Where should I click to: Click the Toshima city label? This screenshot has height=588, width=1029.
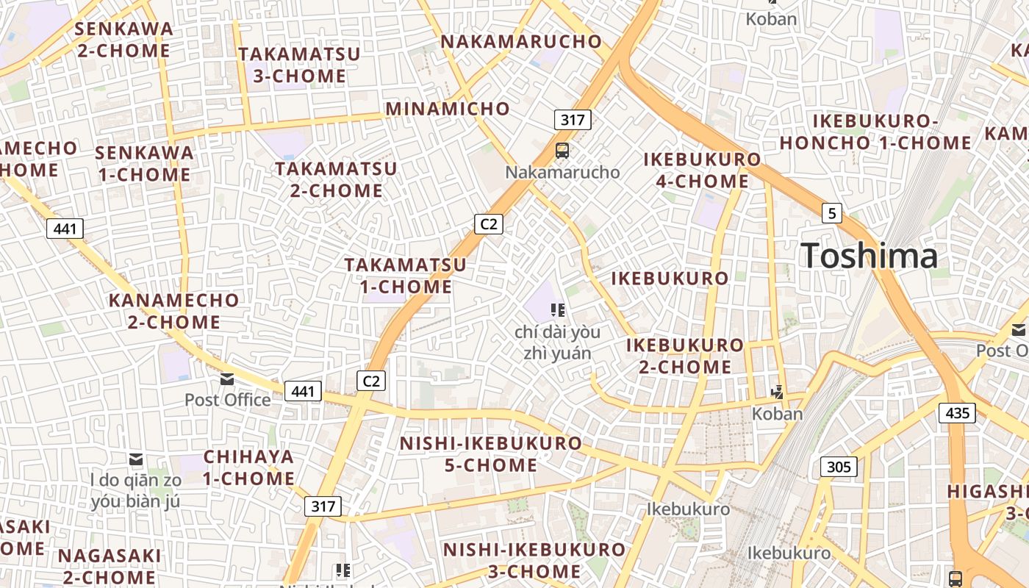(870, 257)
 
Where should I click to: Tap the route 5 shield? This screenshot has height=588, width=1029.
(831, 213)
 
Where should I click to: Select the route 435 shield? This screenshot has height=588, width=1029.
(957, 413)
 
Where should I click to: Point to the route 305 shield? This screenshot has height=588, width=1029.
(839, 466)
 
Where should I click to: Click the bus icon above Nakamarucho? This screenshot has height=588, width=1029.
(562, 151)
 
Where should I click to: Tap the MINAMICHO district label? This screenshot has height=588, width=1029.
(448, 109)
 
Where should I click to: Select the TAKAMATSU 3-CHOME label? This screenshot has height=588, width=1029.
(300, 65)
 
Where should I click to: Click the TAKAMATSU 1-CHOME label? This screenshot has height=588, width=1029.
(406, 276)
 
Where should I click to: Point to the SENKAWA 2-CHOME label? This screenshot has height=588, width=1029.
(124, 40)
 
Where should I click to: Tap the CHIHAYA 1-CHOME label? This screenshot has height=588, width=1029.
(249, 467)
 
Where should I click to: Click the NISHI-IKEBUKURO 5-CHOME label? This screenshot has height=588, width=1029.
(491, 454)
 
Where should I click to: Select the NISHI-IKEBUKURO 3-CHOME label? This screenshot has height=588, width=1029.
(534, 560)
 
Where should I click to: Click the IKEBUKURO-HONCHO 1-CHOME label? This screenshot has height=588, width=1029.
(875, 132)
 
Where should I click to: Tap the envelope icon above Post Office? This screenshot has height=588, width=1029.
(227, 379)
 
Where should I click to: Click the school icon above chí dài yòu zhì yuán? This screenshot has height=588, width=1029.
(558, 310)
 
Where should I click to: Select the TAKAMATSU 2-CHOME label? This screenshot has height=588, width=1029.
(337, 179)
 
